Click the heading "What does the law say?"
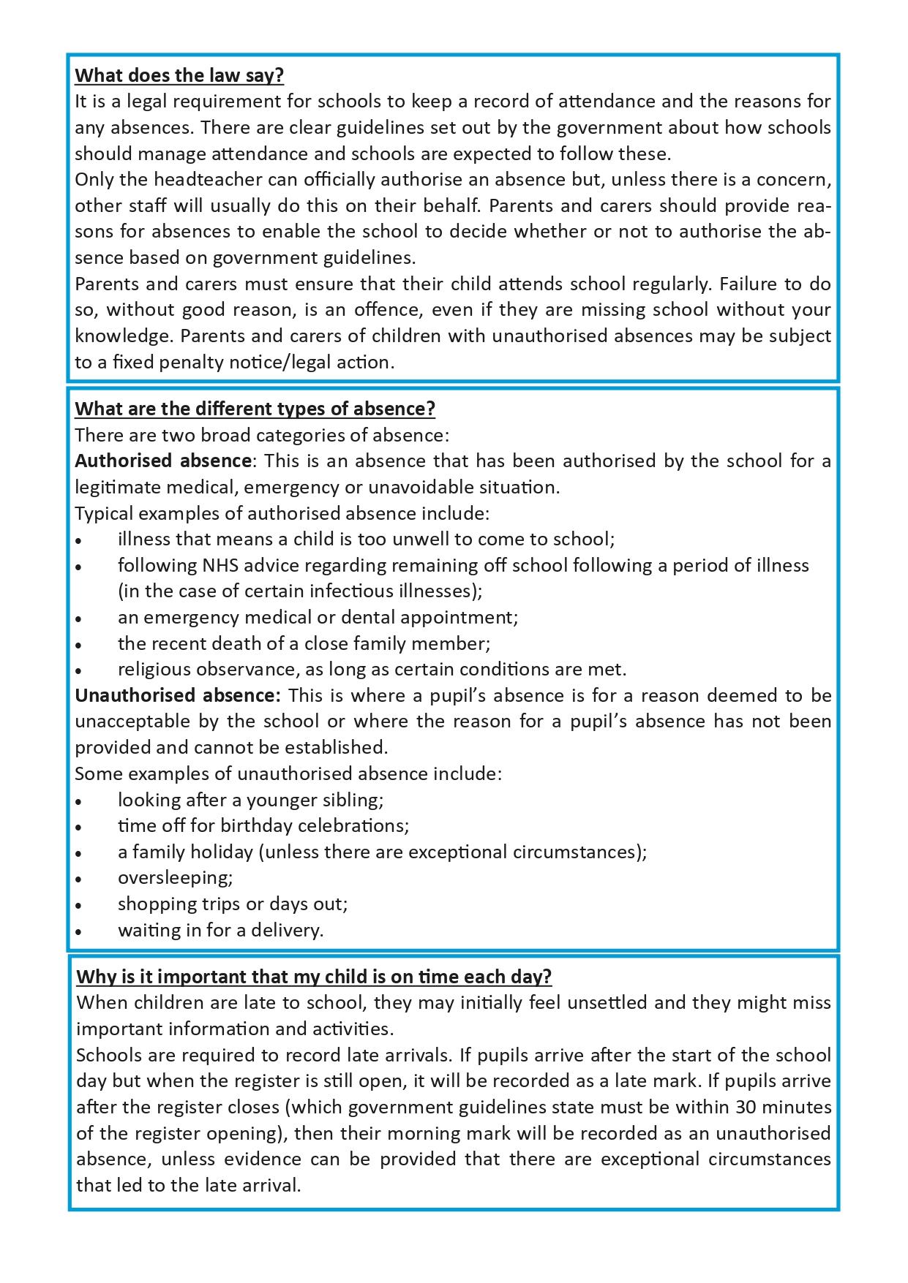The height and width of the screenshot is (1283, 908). pos(179,75)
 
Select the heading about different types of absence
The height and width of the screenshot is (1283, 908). pos(255,409)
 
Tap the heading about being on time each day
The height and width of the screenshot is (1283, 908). pos(314,977)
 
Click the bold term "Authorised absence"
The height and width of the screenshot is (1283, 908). pos(162,461)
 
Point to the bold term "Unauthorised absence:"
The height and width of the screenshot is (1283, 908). pos(178,695)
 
